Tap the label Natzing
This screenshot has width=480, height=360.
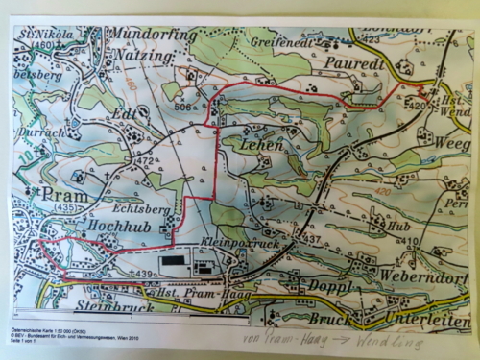tap(143, 58)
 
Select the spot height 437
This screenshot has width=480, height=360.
tap(312, 237)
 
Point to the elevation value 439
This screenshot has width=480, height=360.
tap(144, 273)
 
